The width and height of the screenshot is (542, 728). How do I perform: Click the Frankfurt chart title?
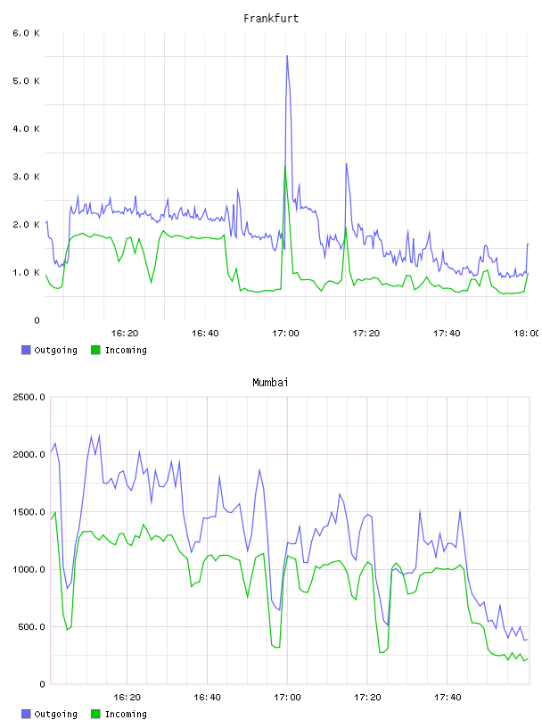(x=271, y=19)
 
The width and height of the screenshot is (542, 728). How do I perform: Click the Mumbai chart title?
(x=270, y=383)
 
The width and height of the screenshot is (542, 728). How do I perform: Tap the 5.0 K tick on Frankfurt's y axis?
(x=27, y=81)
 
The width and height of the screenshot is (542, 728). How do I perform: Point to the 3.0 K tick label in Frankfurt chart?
(x=27, y=177)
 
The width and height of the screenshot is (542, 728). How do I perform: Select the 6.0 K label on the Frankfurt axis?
(x=27, y=33)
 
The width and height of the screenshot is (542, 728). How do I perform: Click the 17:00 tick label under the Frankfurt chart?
(x=286, y=333)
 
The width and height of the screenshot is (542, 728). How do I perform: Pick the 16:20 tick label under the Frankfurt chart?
(x=125, y=333)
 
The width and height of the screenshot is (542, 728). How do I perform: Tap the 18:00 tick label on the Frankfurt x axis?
(x=527, y=333)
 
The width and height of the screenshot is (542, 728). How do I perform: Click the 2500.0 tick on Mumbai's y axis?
(x=29, y=397)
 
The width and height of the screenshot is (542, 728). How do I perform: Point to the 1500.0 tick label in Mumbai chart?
(x=29, y=511)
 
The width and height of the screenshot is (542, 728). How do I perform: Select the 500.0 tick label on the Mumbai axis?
(x=31, y=627)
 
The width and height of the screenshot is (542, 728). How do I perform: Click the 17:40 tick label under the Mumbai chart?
(x=448, y=697)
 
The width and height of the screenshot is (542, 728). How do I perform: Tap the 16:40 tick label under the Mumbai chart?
(x=207, y=697)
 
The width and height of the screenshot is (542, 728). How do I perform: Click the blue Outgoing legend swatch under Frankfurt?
(x=26, y=350)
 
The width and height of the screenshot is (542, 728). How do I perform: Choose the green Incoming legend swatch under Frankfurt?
(x=95, y=350)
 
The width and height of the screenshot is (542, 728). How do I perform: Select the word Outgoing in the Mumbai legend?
(x=55, y=714)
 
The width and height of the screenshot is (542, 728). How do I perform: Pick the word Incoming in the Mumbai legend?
(x=126, y=714)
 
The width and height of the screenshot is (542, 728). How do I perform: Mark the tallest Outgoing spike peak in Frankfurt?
(x=287, y=56)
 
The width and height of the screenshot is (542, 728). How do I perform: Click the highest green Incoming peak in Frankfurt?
(x=285, y=166)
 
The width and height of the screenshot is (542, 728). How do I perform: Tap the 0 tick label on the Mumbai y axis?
(x=42, y=684)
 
